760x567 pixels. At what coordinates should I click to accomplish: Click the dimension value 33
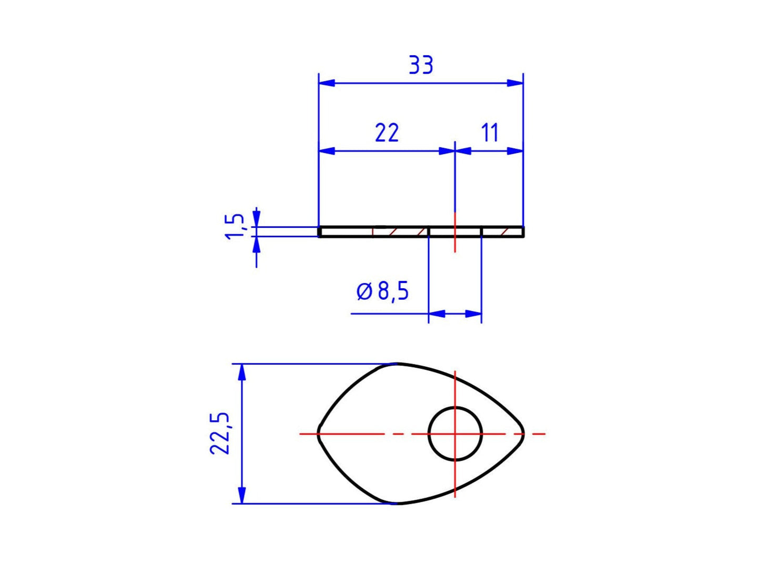click(421, 65)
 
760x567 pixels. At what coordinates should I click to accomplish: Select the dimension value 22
click(387, 133)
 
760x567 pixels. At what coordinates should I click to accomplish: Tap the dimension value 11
click(490, 133)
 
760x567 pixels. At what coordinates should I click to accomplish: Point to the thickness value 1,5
click(235, 226)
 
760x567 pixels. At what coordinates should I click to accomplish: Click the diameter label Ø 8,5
click(382, 291)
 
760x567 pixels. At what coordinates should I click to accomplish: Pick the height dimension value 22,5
click(220, 433)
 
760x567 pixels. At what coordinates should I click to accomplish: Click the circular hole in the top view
click(455, 433)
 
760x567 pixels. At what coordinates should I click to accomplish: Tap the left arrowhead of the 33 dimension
click(327, 83)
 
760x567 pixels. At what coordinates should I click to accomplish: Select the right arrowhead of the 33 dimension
click(515, 83)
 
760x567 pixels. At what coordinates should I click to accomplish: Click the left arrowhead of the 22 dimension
click(327, 151)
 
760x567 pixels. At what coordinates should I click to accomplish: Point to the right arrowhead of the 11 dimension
click(515, 151)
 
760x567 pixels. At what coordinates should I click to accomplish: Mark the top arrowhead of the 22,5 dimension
click(242, 372)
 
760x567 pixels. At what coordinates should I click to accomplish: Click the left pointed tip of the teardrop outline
click(319, 434)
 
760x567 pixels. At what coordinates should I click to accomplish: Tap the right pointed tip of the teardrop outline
click(523, 434)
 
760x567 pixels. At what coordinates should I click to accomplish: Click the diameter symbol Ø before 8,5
click(364, 291)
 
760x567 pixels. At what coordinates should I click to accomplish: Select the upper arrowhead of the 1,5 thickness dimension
click(257, 218)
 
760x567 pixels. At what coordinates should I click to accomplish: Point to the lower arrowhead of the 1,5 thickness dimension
click(257, 245)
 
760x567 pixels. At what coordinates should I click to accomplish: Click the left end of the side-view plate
click(320, 232)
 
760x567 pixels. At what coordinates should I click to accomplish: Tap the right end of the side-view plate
click(523, 232)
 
